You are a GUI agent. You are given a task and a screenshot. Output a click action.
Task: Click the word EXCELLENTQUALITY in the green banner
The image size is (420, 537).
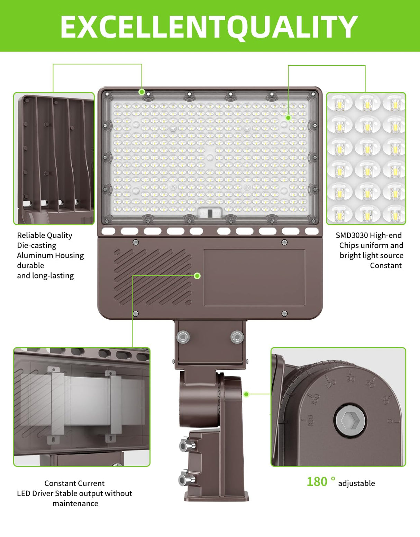[x=209, y=27]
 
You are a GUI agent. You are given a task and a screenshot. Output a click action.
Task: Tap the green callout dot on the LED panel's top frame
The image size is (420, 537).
[x=141, y=92]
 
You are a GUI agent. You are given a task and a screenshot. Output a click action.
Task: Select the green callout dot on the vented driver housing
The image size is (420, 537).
[x=197, y=276]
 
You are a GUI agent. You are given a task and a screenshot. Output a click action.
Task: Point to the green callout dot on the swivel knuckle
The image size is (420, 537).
[x=246, y=394]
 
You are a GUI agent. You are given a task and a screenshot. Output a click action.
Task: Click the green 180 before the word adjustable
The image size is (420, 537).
[x=317, y=482]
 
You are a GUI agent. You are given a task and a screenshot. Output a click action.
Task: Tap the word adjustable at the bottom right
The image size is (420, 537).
[x=356, y=483]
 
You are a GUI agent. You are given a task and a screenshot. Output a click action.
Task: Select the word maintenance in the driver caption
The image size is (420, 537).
[x=75, y=503]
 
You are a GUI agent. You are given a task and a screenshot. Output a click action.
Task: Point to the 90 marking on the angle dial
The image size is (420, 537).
[x=350, y=378]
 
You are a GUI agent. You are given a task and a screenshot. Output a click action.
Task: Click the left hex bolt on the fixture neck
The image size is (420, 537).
[x=183, y=337]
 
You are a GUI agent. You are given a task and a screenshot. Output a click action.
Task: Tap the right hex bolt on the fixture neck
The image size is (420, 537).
[x=237, y=337]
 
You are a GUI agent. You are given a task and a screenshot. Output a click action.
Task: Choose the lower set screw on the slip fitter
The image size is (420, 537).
[x=184, y=479]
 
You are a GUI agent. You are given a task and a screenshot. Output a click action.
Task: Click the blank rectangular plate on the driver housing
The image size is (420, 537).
[x=254, y=277]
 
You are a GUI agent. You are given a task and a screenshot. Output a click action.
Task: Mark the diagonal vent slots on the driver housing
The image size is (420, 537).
[x=153, y=277]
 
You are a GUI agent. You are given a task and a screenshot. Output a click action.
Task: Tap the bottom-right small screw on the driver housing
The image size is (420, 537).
[x=284, y=314]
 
